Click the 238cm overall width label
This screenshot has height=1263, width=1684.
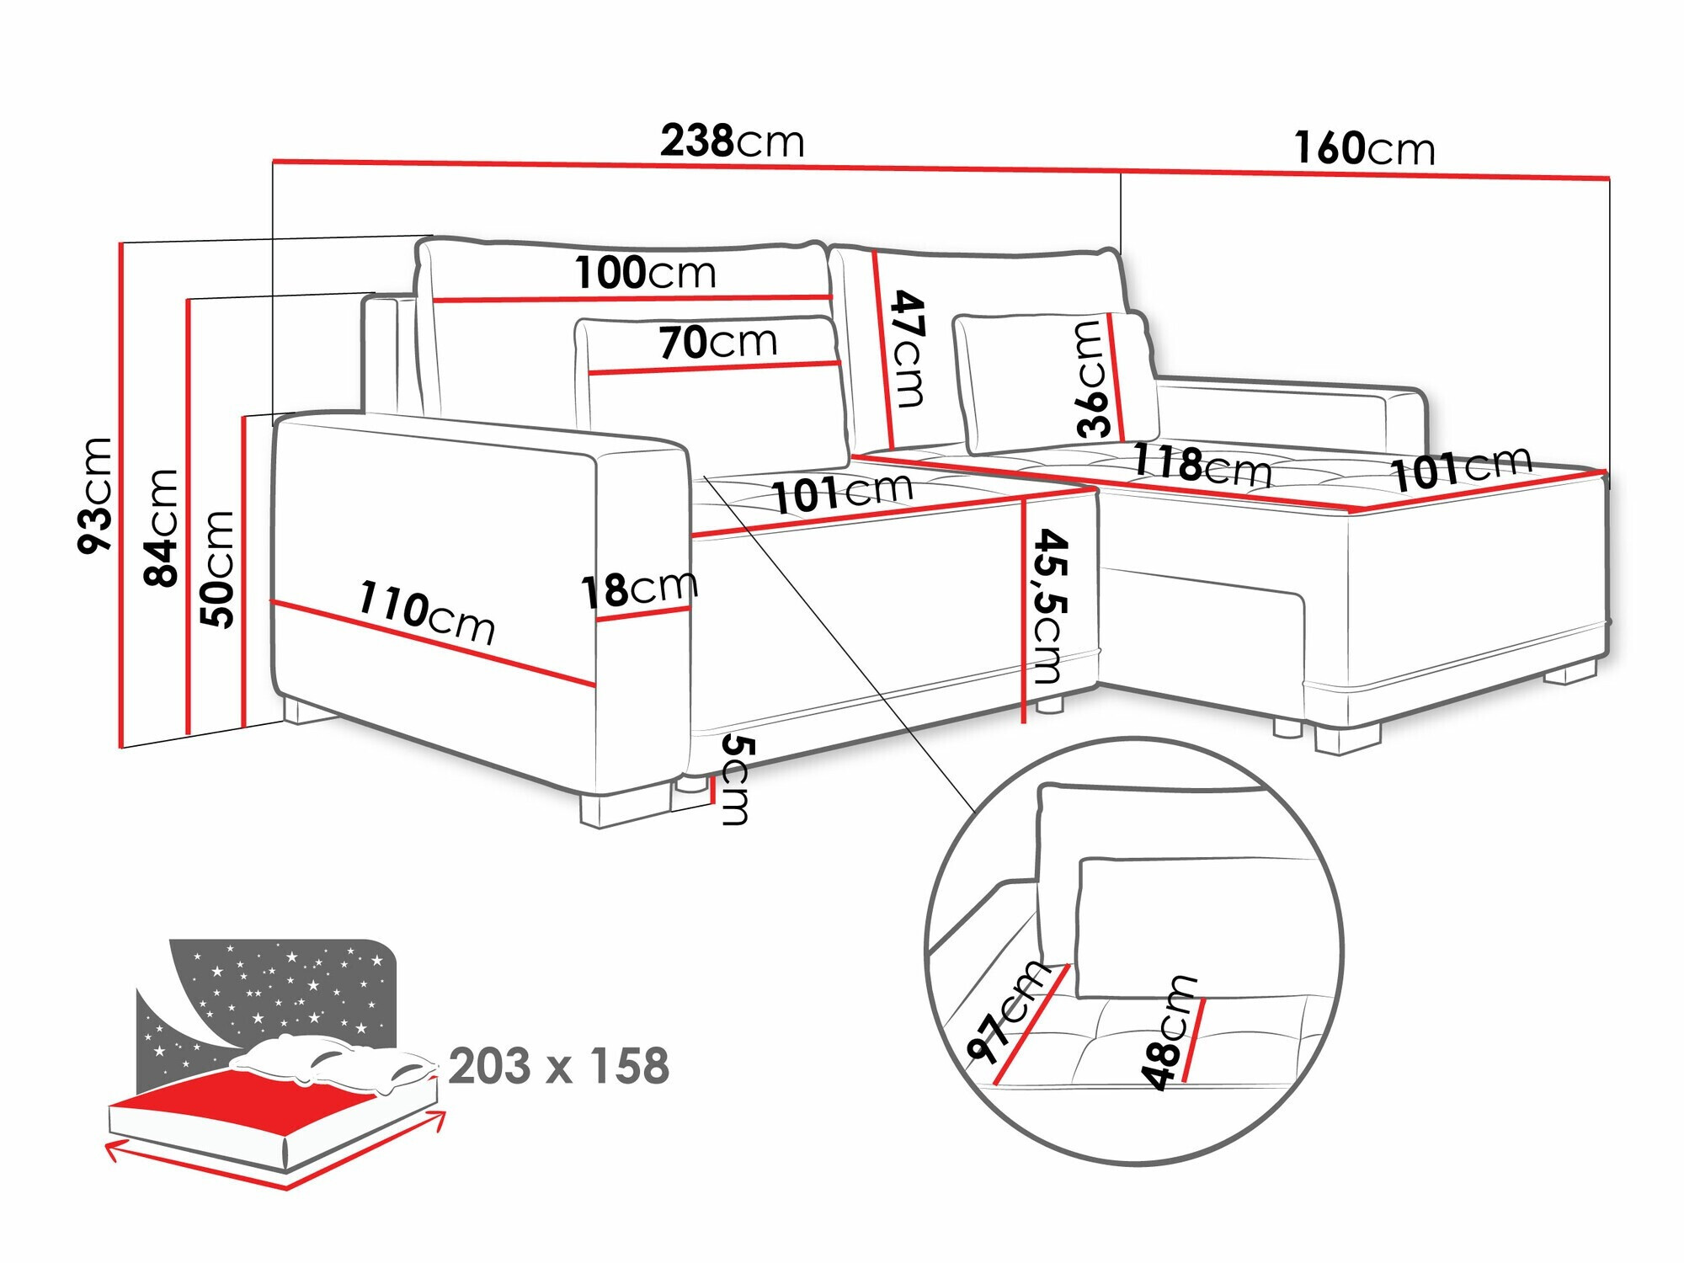coord(732,141)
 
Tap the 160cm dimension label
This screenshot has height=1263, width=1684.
coord(1364,149)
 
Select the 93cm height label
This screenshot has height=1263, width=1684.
coord(95,495)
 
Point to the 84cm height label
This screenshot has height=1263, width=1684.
coord(161,527)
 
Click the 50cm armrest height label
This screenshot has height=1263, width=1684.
coord(217,568)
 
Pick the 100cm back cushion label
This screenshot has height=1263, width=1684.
coord(645,273)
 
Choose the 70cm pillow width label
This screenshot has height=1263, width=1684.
coord(717,342)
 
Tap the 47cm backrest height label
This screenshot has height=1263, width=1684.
coord(908,348)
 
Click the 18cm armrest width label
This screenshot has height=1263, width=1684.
coord(639,588)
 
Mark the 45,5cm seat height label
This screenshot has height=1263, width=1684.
coord(1049,605)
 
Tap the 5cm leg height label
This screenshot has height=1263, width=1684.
coord(736,780)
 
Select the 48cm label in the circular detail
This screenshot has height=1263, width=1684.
coord(1168,1032)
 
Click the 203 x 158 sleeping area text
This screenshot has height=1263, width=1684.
coord(558,1066)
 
